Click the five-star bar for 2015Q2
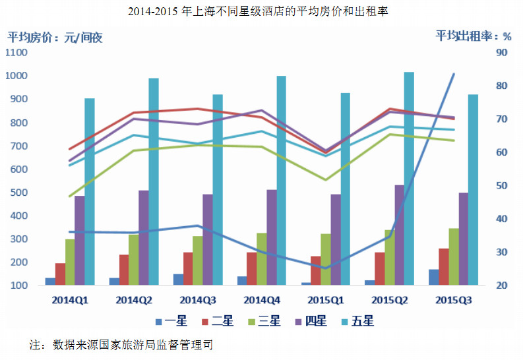[409, 178]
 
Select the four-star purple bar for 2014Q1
[79, 241]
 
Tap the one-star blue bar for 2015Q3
[433, 277]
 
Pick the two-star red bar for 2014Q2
[124, 270]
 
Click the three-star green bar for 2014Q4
[262, 259]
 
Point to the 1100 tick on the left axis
[16, 52]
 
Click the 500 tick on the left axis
[18, 193]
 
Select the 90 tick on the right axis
[501, 52]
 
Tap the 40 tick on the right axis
[501, 219]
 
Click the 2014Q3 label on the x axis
[198, 301]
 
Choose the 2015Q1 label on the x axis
[326, 301]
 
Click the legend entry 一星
[171, 321]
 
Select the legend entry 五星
[358, 321]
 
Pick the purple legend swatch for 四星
[299, 322]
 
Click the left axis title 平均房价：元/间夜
[55, 38]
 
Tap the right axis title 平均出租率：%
[474, 36]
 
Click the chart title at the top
[258, 11]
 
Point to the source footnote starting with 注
[121, 345]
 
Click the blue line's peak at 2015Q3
[454, 74]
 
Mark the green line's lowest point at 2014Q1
[70, 196]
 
